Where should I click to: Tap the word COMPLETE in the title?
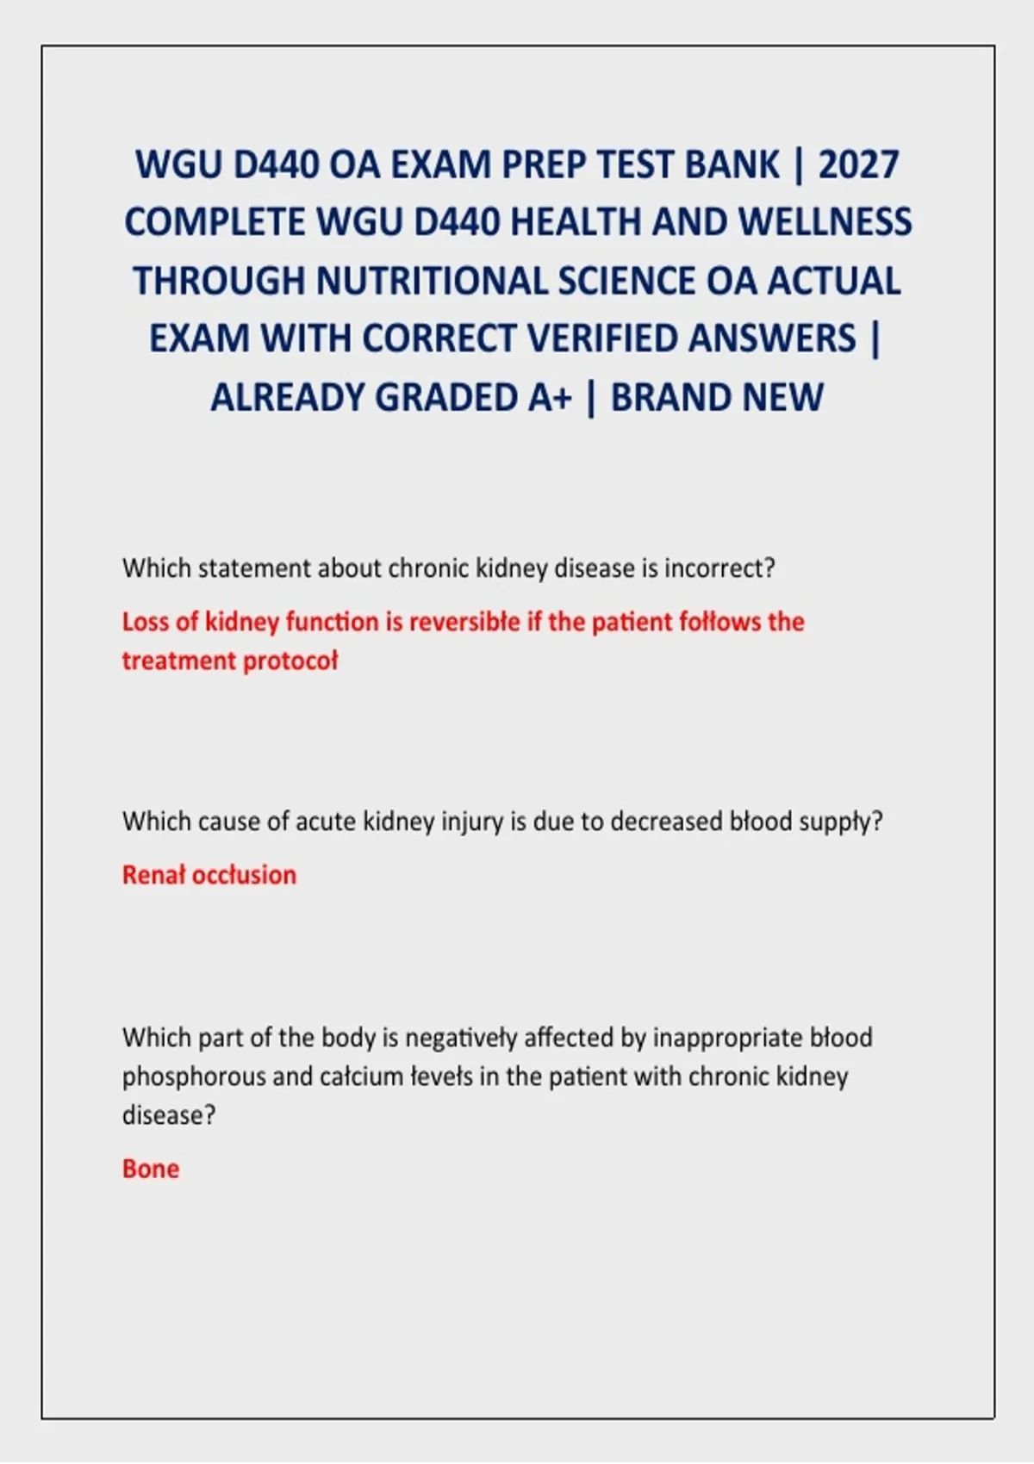coord(215,222)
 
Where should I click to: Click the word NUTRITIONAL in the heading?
coord(432,281)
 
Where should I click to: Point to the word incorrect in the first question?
coord(719,568)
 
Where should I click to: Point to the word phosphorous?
coord(194,1077)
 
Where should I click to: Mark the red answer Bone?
coord(151,1169)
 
